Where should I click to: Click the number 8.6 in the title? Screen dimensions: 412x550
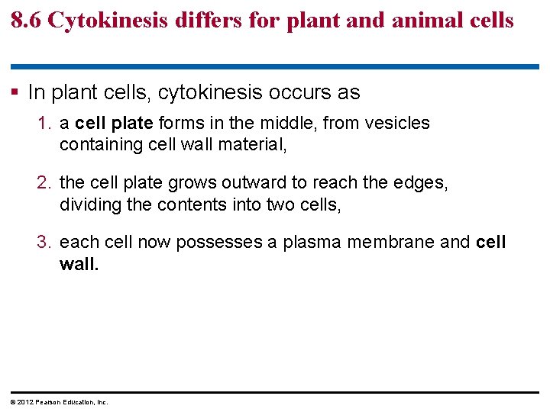point(26,21)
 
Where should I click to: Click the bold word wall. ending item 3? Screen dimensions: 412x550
point(79,264)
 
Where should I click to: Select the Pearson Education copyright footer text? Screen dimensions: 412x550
point(58,402)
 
